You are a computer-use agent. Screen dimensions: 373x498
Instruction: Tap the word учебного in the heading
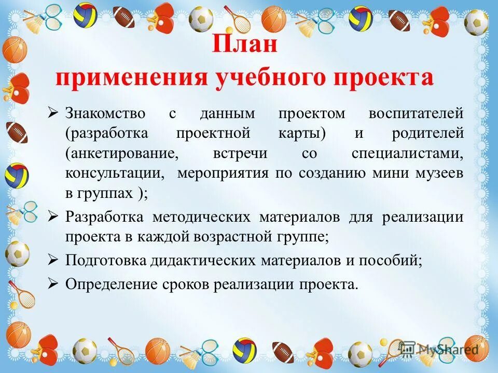(x=240, y=78)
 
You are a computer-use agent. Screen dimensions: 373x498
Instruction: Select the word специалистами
(x=407, y=153)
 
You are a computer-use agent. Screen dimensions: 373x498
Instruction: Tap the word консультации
(x=114, y=174)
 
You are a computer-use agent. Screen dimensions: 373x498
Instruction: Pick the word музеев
(x=438, y=174)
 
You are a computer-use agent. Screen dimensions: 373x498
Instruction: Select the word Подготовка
(x=105, y=261)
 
